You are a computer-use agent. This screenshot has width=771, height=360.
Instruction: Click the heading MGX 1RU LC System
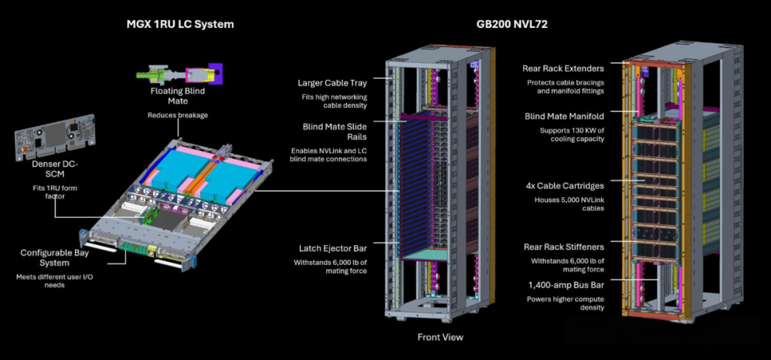pyautogui.click(x=180, y=24)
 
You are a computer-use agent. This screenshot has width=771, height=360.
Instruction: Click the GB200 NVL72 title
pyautogui.click(x=512, y=24)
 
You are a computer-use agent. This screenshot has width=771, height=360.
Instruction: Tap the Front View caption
pyautogui.click(x=440, y=337)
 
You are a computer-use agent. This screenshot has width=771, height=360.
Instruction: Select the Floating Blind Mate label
pyautogui.click(x=178, y=96)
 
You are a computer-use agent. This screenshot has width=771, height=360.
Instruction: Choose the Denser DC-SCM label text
pyautogui.click(x=54, y=169)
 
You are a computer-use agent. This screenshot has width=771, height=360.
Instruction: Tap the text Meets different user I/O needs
pyautogui.click(x=54, y=281)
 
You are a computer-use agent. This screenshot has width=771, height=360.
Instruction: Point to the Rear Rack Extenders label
pyautogui.click(x=563, y=69)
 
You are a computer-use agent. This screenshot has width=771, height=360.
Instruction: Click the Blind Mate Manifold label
pyautogui.click(x=565, y=116)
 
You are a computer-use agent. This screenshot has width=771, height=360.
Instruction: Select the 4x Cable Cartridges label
pyautogui.click(x=565, y=186)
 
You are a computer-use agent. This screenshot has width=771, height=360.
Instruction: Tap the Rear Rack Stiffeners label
pyautogui.click(x=564, y=247)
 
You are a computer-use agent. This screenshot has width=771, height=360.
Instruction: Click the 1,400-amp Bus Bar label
pyautogui.click(x=566, y=285)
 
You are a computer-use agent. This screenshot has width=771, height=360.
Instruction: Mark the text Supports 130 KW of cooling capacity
pyautogui.click(x=572, y=135)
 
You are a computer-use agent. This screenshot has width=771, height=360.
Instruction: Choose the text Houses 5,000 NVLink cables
pyautogui.click(x=570, y=204)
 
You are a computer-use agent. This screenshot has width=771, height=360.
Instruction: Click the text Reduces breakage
pyautogui.click(x=178, y=115)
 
